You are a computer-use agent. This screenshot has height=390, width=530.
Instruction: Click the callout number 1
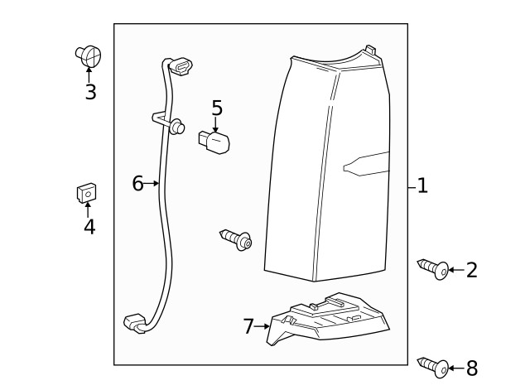click(x=422, y=185)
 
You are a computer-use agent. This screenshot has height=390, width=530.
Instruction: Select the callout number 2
click(x=472, y=270)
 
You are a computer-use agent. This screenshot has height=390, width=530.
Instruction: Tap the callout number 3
click(x=90, y=92)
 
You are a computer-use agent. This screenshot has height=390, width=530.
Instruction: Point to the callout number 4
click(x=89, y=226)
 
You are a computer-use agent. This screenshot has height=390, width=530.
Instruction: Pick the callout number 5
click(x=217, y=108)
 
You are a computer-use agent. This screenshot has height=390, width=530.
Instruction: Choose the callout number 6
click(x=137, y=184)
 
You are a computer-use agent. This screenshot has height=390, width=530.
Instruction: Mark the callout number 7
click(x=248, y=326)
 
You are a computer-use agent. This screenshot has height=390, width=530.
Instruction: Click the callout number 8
click(x=472, y=368)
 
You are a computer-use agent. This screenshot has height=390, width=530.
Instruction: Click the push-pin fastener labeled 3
click(x=89, y=56)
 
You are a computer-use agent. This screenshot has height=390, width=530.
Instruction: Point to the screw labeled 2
click(x=433, y=269)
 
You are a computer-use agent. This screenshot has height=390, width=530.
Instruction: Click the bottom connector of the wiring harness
click(x=134, y=323)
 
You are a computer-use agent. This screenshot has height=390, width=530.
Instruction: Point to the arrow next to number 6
click(x=153, y=184)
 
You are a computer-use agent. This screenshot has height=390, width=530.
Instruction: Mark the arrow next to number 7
click(x=264, y=326)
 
